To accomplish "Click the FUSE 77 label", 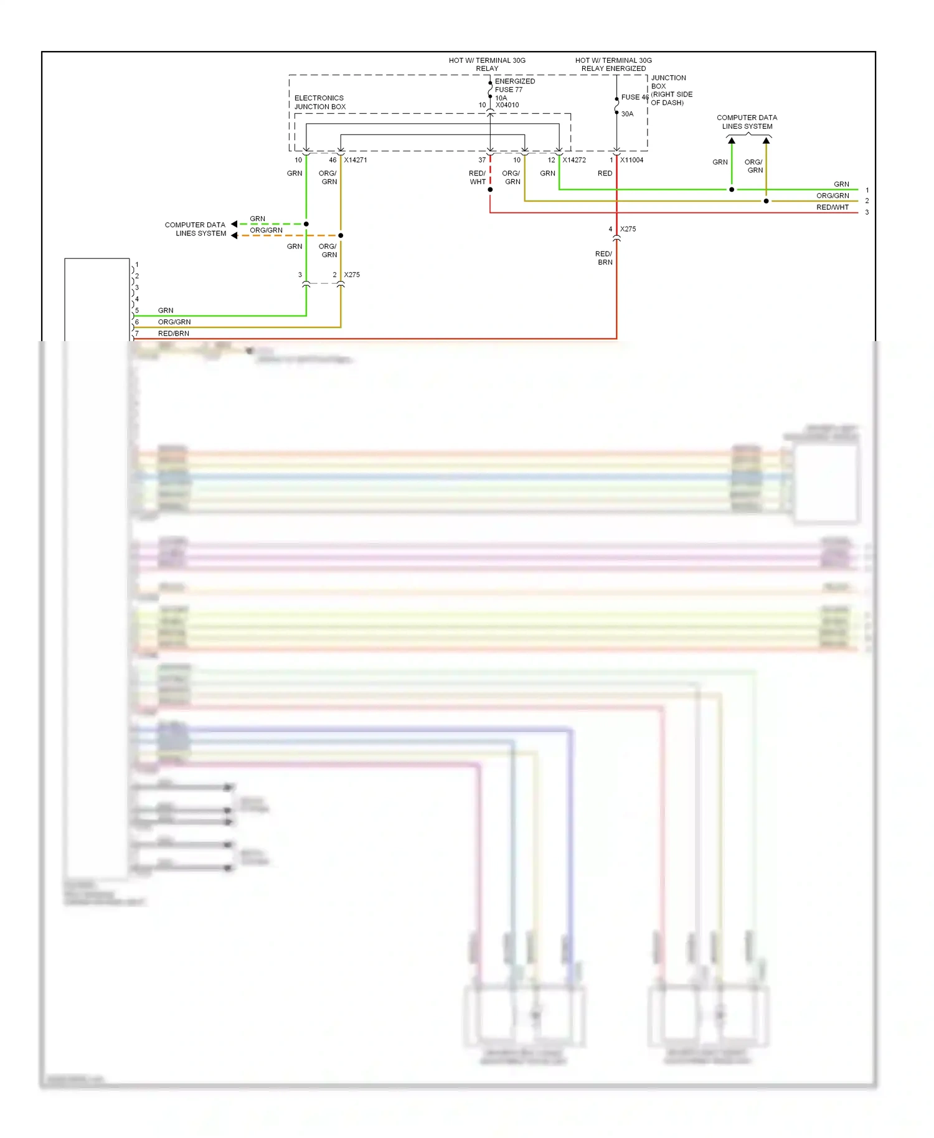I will click(x=509, y=90).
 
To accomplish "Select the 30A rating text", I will click(x=627, y=114).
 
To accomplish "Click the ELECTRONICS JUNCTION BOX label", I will click(x=319, y=102).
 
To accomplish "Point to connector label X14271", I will click(x=356, y=160).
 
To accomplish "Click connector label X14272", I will click(x=574, y=160).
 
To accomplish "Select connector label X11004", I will click(x=631, y=160).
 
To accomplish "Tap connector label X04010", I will click(x=507, y=105).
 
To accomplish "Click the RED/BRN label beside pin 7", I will click(x=173, y=334).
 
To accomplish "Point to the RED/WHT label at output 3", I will click(x=833, y=207).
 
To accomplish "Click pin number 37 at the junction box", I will click(x=482, y=160).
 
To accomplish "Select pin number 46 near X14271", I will click(x=333, y=160).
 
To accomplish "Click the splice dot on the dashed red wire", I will click(x=490, y=189).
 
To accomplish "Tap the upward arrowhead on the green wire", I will click(x=732, y=141).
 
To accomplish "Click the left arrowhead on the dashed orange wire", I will click(x=234, y=235).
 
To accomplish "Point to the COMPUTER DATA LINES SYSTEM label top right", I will click(x=747, y=122).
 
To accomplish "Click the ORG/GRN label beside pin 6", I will click(x=174, y=322).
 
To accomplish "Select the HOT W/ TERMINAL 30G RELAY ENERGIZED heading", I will click(x=613, y=64).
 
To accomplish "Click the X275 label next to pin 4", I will click(x=628, y=229).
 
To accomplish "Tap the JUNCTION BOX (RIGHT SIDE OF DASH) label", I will click(x=671, y=90).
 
